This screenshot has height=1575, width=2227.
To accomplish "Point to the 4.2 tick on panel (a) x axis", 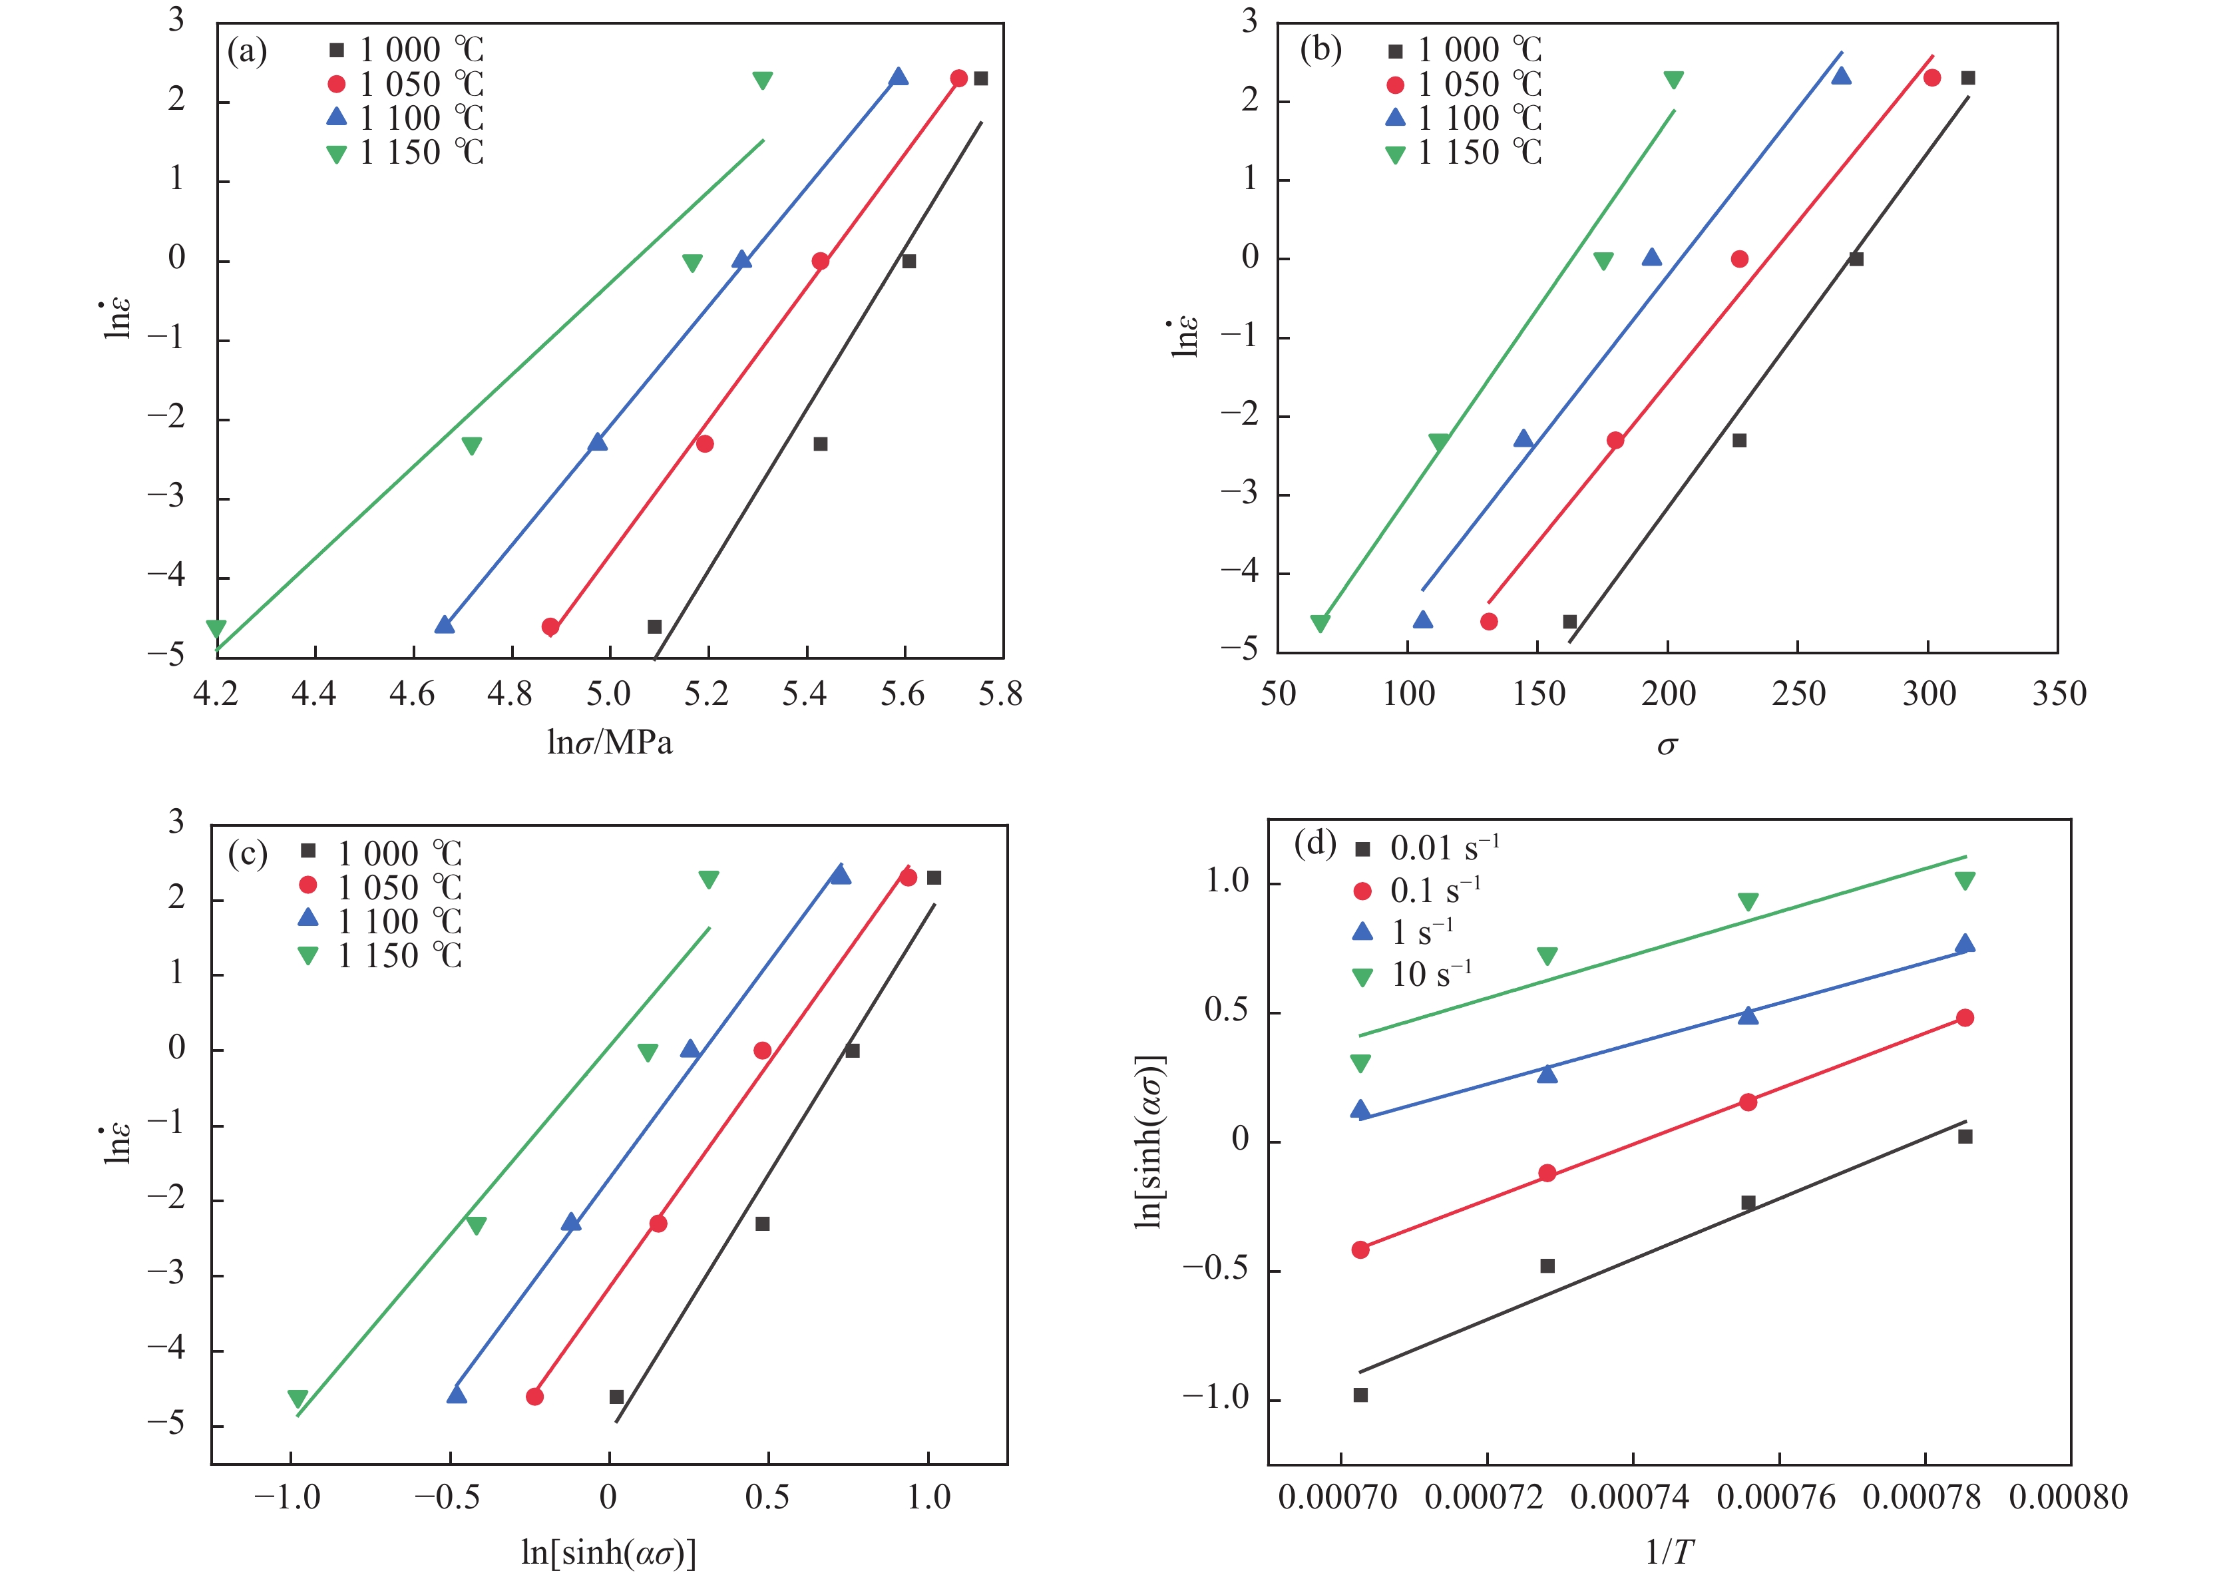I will [216, 694].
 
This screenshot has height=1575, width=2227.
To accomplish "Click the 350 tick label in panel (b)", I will [2058, 694].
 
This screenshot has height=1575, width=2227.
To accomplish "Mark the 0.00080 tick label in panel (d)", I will [2068, 1496].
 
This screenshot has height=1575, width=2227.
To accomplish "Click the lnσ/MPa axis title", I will [609, 743].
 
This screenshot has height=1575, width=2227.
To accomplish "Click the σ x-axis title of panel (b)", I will [1667, 745].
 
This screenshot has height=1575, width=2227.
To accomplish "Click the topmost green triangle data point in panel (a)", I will [762, 79].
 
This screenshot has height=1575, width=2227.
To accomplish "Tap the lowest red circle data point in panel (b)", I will [1489, 622].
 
